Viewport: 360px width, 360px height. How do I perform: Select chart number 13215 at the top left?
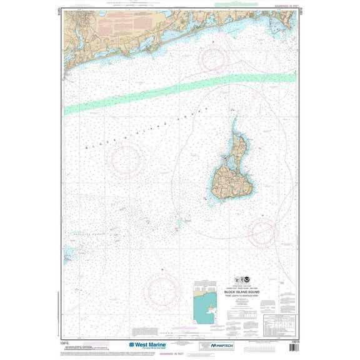point(63,20)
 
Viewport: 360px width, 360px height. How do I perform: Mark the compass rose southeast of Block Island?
point(262,231)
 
